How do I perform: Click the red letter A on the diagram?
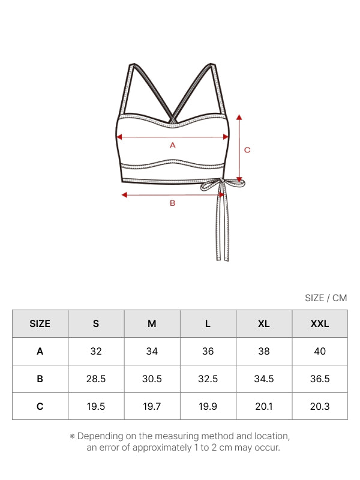click(x=173, y=145)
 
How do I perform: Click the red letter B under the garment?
click(x=173, y=203)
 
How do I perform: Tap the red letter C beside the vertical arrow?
click(x=247, y=150)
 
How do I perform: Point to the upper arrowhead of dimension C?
click(x=239, y=117)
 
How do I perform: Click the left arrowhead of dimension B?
click(x=124, y=194)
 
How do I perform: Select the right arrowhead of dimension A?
click(x=226, y=137)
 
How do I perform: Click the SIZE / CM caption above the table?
click(x=326, y=298)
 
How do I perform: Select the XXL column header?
click(x=320, y=323)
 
